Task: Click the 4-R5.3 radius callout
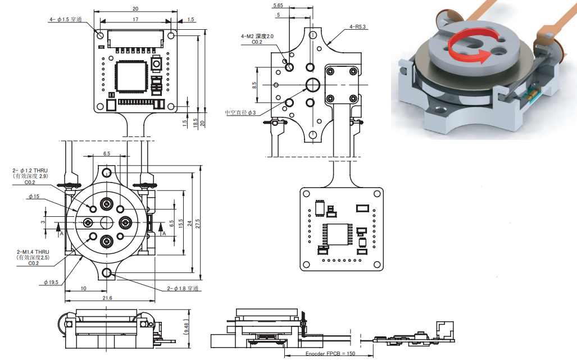click(358, 26)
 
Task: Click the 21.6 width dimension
click(107, 298)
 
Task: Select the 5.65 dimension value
click(278, 6)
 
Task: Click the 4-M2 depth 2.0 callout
click(257, 36)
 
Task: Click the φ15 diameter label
click(33, 197)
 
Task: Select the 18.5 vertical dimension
click(196, 121)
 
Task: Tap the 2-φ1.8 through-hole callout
click(183, 289)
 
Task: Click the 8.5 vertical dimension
click(255, 85)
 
